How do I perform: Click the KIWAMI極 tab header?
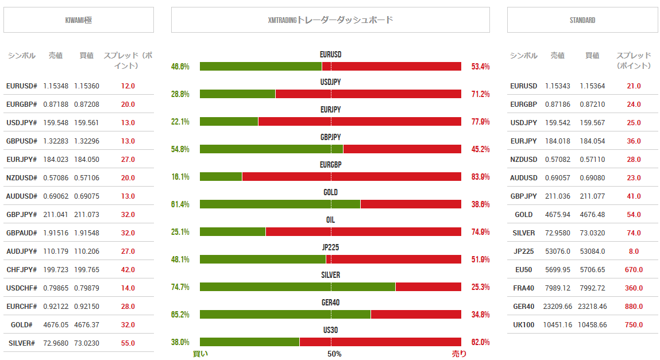click(x=79, y=20)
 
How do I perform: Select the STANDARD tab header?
click(x=582, y=20)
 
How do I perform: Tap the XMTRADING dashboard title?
click(x=330, y=20)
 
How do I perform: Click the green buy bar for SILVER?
click(x=298, y=287)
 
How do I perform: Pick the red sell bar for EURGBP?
click(x=352, y=177)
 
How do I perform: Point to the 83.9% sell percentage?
click(x=480, y=177)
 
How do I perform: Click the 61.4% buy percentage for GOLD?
click(x=180, y=204)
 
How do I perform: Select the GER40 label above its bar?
click(x=330, y=303)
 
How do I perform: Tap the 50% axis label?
click(x=334, y=354)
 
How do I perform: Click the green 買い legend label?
click(x=200, y=354)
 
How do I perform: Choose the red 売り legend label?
click(x=459, y=354)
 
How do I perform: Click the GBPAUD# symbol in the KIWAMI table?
click(x=22, y=233)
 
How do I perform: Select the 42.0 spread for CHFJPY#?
click(x=128, y=270)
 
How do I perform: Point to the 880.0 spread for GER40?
click(x=634, y=307)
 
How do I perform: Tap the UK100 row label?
click(x=523, y=325)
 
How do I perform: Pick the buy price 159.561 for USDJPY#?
click(x=87, y=123)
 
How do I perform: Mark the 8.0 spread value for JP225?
click(x=634, y=251)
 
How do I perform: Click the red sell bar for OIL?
click(x=363, y=232)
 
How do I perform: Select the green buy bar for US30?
click(x=249, y=342)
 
